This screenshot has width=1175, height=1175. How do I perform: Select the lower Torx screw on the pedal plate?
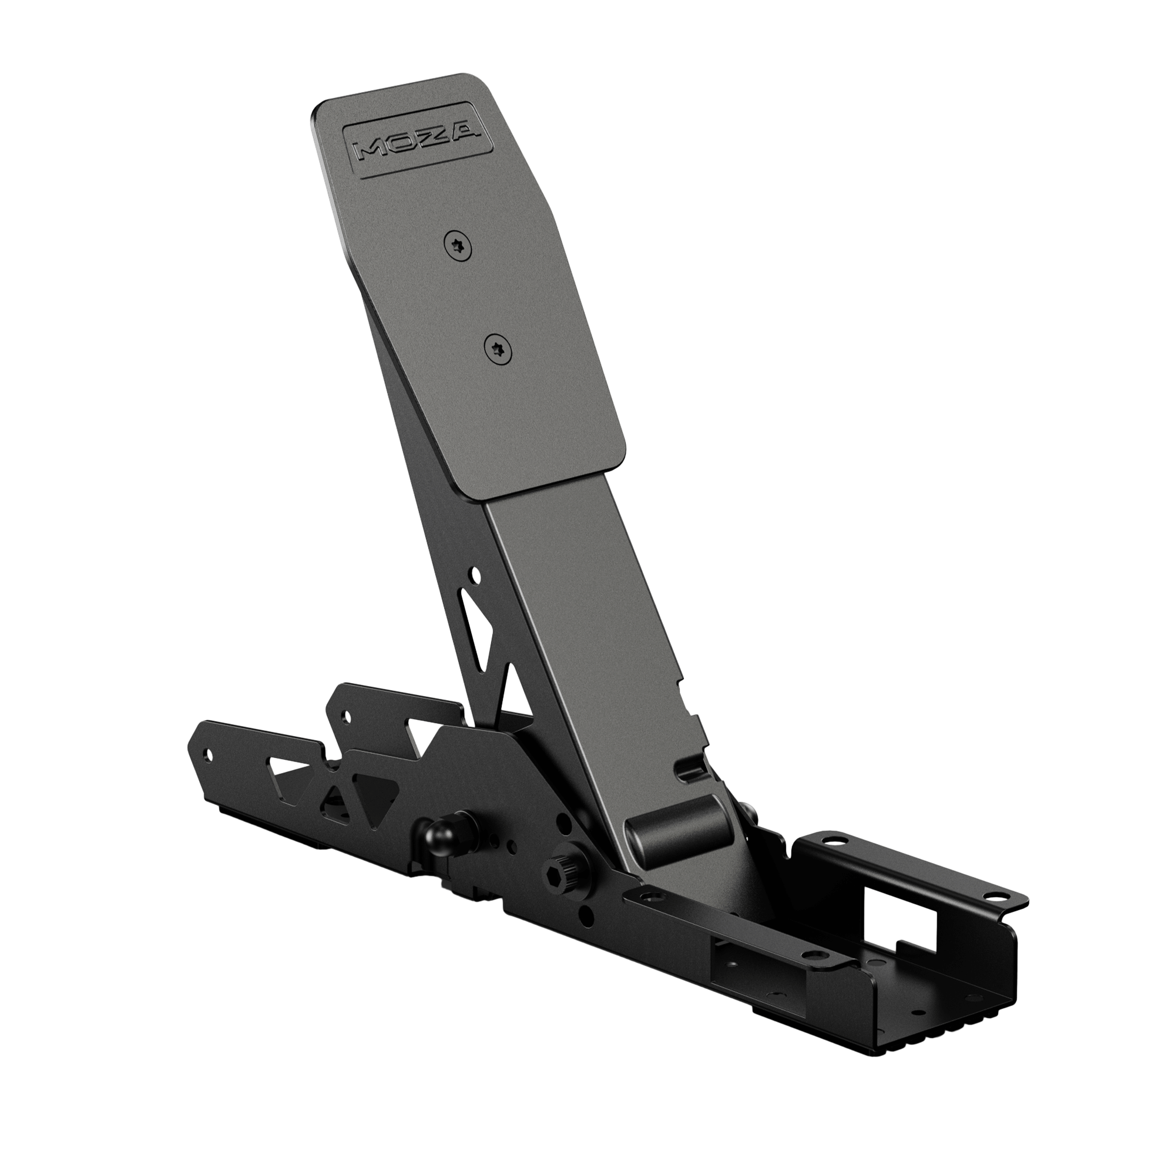(498, 350)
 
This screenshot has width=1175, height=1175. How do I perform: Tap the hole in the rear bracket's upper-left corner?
(346, 715)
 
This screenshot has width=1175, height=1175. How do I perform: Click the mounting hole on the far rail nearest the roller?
(834, 841)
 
